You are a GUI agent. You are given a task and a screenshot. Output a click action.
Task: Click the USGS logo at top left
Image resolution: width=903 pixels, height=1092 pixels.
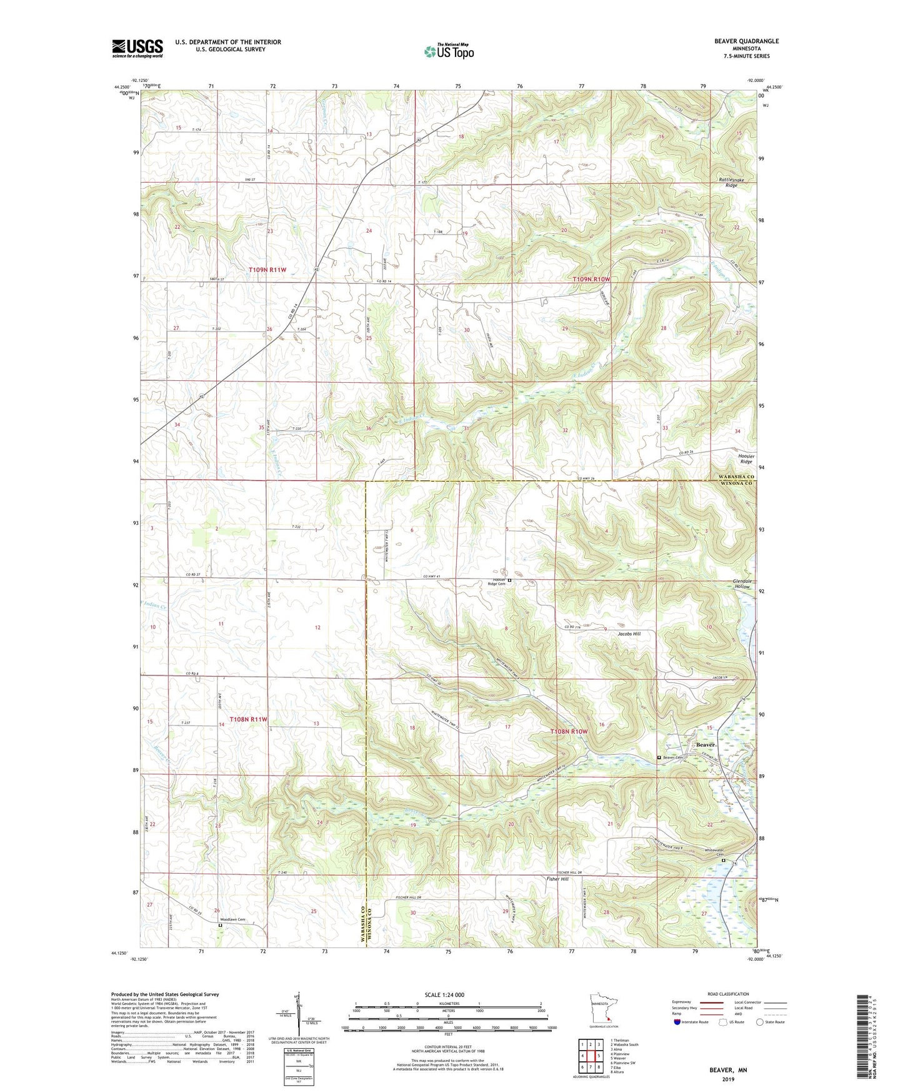pyautogui.click(x=137, y=48)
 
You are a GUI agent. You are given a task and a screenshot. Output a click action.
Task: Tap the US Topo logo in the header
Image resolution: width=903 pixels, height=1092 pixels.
pyautogui.click(x=449, y=51)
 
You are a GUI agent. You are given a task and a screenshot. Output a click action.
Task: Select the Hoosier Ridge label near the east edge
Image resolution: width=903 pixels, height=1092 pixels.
pyautogui.click(x=746, y=458)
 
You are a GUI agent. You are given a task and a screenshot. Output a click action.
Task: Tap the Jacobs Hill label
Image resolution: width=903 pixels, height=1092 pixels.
pyautogui.click(x=629, y=634)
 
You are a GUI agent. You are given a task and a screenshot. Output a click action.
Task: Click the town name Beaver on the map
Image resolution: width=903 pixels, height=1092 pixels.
pyautogui.click(x=706, y=744)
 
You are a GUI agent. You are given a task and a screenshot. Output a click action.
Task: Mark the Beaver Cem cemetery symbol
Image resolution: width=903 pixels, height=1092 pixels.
pyautogui.click(x=659, y=757)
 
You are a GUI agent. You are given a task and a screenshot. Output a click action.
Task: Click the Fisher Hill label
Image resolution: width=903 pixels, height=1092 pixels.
pyautogui.click(x=557, y=879)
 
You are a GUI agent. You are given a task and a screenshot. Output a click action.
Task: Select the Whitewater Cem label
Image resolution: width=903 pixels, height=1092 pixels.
pyautogui.click(x=715, y=853)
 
